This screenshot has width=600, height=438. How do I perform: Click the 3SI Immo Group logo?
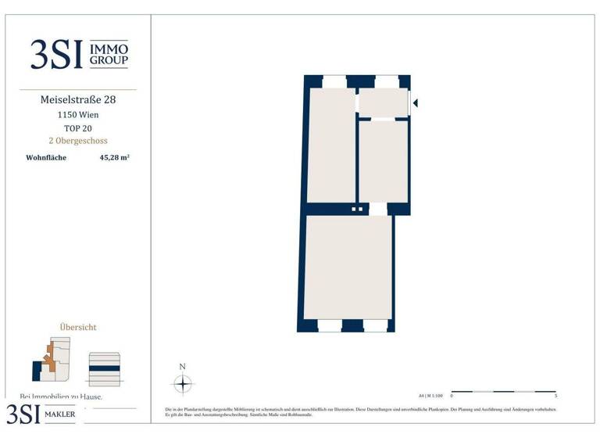[79, 54]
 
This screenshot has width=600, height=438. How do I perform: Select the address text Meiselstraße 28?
[78, 100]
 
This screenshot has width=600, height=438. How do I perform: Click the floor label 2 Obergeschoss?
[78, 141]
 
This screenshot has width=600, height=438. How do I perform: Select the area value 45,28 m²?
[114, 157]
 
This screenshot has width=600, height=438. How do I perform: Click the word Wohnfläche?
[46, 157]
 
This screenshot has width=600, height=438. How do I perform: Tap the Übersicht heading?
[78, 327]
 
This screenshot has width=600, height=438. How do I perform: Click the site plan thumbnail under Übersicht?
[52, 359]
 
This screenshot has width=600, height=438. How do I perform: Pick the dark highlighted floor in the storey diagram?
[104, 368]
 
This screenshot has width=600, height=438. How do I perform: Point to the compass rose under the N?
[182, 384]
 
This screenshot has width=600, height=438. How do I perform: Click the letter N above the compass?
[182, 367]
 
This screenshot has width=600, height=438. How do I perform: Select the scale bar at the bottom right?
[504, 391]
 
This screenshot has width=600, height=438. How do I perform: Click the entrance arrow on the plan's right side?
[415, 102]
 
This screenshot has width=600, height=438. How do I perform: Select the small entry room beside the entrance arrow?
[383, 102]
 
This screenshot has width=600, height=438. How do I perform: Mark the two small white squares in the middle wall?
[357, 209]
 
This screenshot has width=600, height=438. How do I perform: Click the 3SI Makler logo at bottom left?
[42, 414]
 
